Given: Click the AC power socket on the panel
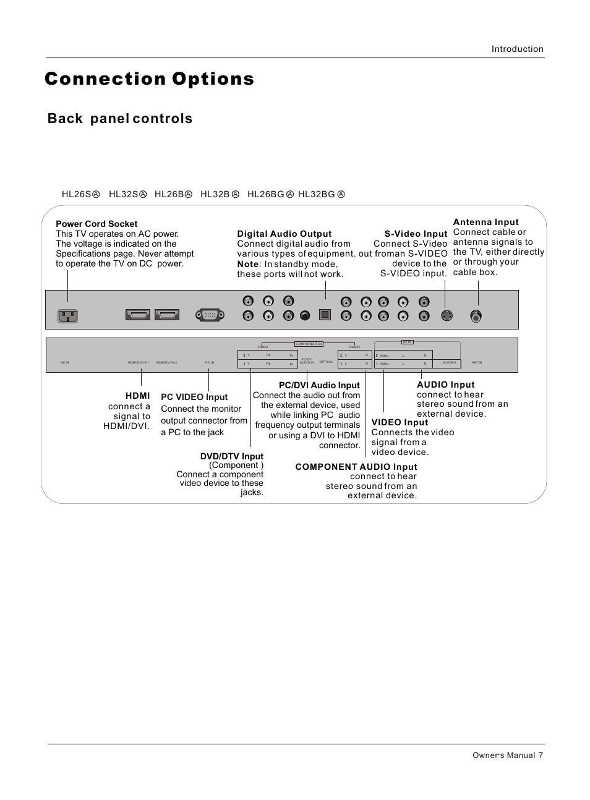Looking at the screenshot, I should click(x=67, y=316).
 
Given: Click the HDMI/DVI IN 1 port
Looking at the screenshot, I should click(x=137, y=315).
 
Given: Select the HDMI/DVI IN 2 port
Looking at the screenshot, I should click(x=167, y=315).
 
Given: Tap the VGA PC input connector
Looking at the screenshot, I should click(x=210, y=315).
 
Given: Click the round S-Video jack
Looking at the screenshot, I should click(x=447, y=315).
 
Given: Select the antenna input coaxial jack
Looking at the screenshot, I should click(x=476, y=315).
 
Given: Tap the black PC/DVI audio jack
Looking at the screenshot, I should click(x=304, y=316).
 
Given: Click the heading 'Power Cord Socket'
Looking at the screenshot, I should click(x=96, y=224).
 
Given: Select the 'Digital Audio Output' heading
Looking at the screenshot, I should click(x=284, y=234).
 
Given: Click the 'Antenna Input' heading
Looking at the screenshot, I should click(x=485, y=222).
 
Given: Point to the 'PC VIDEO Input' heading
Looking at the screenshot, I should click(x=194, y=397).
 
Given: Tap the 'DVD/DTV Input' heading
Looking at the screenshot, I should click(x=231, y=456).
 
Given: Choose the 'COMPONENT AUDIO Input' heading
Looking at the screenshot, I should click(x=356, y=467).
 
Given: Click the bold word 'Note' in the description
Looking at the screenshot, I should click(x=247, y=264).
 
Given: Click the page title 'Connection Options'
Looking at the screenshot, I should click(x=150, y=79).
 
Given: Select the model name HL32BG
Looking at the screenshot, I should click(x=316, y=194).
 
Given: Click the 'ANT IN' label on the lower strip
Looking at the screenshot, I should click(x=476, y=363).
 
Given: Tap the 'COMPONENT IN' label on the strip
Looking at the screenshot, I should click(x=309, y=344).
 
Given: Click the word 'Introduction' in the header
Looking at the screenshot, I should click(x=517, y=49).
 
